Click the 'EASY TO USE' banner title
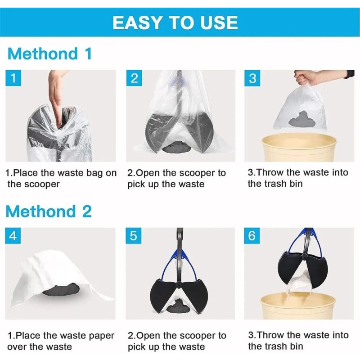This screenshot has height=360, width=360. pyautogui.click(x=175, y=22)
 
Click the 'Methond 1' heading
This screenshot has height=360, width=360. pyautogui.click(x=50, y=54)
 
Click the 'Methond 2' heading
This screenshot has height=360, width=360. pyautogui.click(x=49, y=211)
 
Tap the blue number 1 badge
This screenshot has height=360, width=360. pyautogui.click(x=13, y=78)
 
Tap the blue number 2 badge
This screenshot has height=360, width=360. pyautogui.click(x=134, y=78)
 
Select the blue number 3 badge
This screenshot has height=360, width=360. pyautogui.click(x=252, y=78)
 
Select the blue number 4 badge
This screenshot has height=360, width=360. pyautogui.click(x=13, y=235)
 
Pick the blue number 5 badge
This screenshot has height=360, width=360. pyautogui.click(x=134, y=235)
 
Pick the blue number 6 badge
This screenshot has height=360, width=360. pyautogui.click(x=252, y=235)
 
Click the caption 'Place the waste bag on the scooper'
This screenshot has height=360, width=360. pyautogui.click(x=60, y=178)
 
